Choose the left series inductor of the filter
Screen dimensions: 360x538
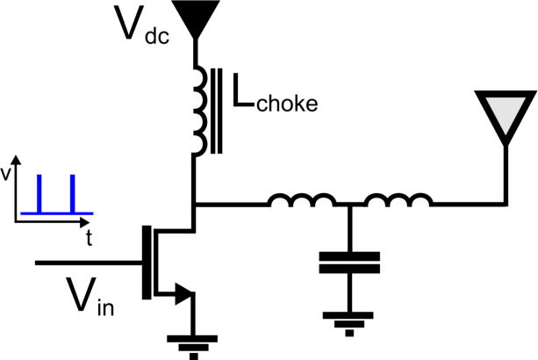pyautogui.click(x=301, y=203)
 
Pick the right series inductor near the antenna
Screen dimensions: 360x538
pyautogui.click(x=398, y=203)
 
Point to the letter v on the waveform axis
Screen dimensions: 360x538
pyautogui.click(x=7, y=174)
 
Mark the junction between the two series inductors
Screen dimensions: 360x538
pyautogui.click(x=349, y=206)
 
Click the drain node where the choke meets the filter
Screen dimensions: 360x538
pyautogui.click(x=193, y=206)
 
